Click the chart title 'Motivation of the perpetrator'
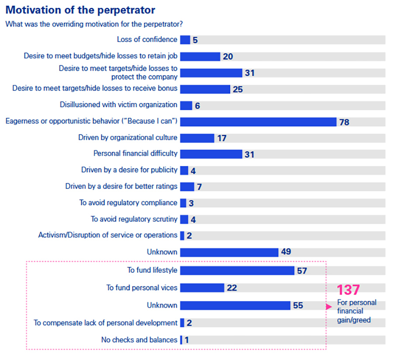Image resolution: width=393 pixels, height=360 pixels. coord(80,9)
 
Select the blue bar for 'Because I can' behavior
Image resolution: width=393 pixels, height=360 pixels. coord(258,122)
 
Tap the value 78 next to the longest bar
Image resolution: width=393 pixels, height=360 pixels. coord(344,122)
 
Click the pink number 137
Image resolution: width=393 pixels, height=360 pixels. coord(348,290)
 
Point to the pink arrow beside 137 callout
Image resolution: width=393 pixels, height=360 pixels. coord(329,307)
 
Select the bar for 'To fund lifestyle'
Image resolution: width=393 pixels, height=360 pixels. coord(237,271)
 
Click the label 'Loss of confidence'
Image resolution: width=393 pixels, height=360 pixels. coord(147,40)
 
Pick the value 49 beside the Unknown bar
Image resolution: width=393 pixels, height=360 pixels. coord(286,252)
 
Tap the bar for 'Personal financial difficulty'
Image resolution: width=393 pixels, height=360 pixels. coord(211,154)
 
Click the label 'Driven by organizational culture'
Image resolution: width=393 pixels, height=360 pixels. coord(128,137)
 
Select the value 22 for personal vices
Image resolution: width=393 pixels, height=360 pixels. coord(231,288)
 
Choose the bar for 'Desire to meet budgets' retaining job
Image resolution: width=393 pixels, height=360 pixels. coord(200,56)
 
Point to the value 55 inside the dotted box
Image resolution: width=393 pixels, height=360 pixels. coord(298,306)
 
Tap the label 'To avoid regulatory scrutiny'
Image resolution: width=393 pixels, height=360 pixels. coord(134,219)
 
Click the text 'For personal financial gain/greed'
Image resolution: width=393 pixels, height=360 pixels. coord(356,312)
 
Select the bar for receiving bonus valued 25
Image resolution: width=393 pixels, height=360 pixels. coord(205,89)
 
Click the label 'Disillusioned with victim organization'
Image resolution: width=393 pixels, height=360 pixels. coord(118,105)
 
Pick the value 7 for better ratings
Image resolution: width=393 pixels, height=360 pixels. coord(199,187)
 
